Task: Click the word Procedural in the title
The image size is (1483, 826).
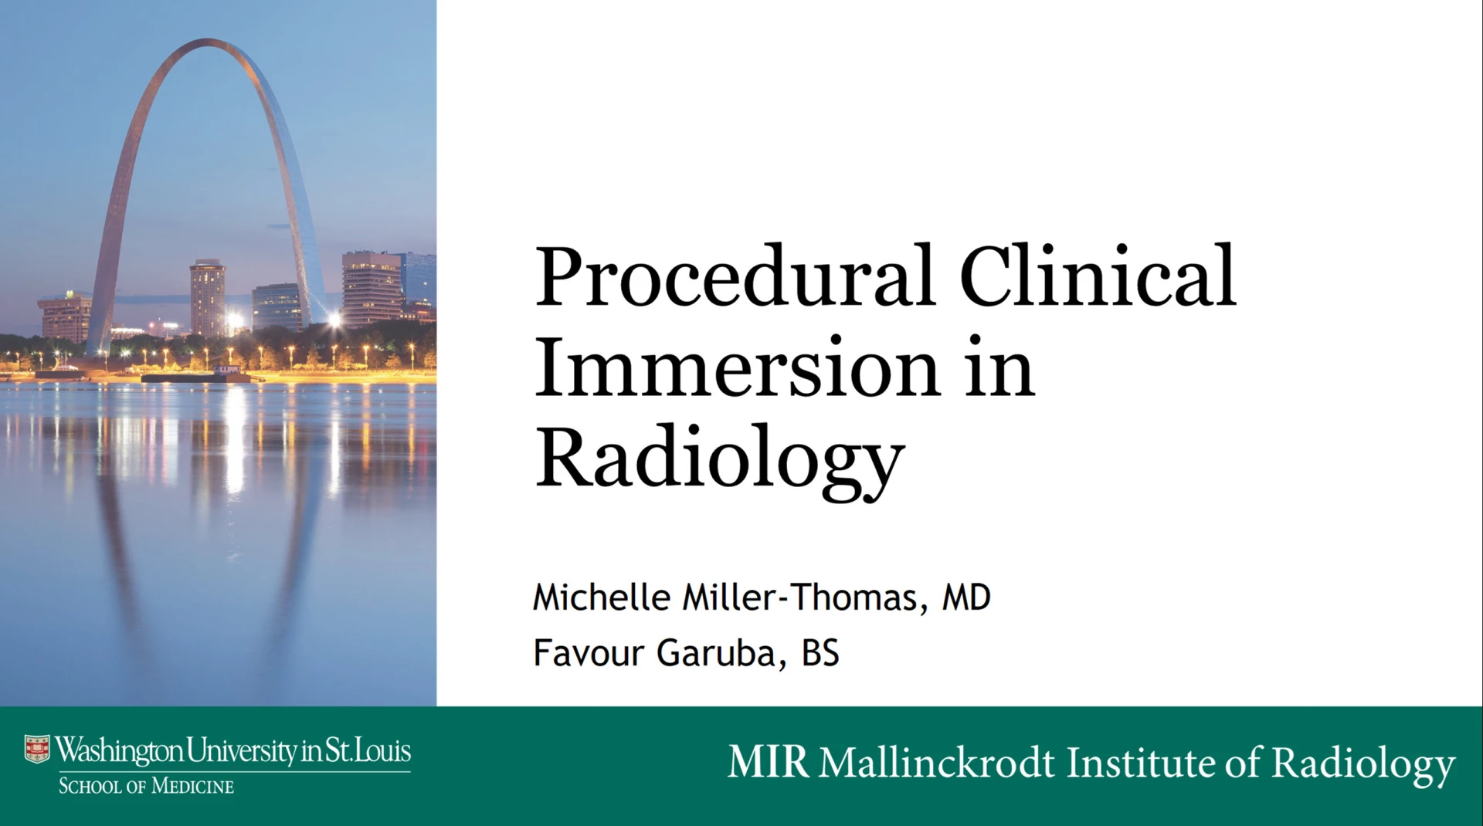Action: point(735,276)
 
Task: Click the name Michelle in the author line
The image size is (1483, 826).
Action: point(602,597)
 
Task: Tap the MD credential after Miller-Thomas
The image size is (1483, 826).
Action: point(966,597)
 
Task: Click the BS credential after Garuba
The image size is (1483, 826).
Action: point(820,653)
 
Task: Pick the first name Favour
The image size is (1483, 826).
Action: point(589,653)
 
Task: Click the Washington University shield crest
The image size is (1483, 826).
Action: point(37,749)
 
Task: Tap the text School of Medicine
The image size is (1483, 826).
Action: point(146,787)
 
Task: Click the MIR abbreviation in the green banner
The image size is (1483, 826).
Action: point(769,763)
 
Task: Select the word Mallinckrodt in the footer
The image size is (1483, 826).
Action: point(936,763)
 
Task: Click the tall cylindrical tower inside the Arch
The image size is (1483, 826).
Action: point(208,300)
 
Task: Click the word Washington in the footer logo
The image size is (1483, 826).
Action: point(120,750)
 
